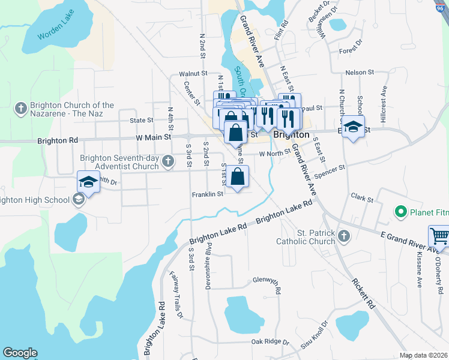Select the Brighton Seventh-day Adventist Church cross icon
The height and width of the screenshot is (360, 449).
coord(168,160)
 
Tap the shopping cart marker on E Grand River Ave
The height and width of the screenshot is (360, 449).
coord(439,236)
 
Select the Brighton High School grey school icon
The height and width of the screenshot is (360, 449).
coord(78,200)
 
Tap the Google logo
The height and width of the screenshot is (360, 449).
coord(20,353)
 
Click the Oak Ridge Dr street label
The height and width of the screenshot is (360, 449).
coord(270,342)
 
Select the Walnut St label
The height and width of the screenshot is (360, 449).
coord(193,74)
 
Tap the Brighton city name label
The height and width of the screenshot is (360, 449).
coord(291,135)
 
